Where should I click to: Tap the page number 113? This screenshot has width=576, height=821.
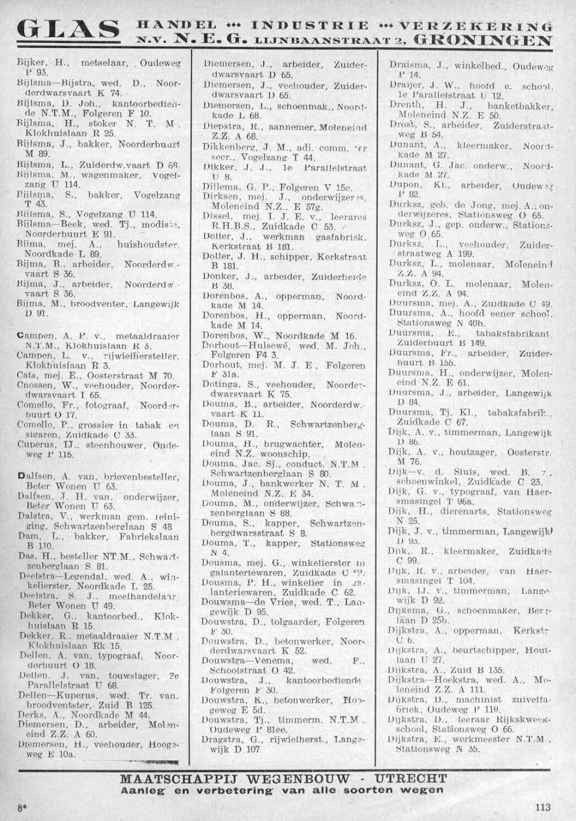[544, 806]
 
